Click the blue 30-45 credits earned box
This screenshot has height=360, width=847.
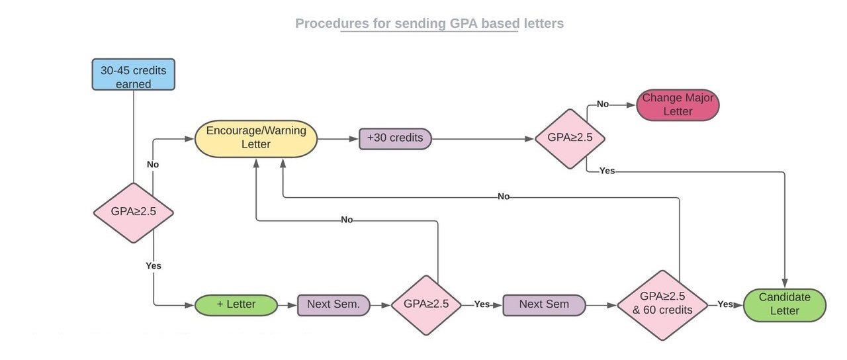133,75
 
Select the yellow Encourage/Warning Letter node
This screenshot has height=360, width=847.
256,138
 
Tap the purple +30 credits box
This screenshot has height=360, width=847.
395,139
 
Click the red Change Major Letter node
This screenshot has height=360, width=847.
678,105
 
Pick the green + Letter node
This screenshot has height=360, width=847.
236,305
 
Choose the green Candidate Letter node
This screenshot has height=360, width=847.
785,305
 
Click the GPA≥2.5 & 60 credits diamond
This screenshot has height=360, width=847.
662,304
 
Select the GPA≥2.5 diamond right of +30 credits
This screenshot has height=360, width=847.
570,139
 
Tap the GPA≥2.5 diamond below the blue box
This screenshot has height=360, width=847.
133,212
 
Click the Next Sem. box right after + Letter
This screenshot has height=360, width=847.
334,305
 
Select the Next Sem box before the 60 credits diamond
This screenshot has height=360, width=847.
544,305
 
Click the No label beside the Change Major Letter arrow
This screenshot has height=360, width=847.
603,105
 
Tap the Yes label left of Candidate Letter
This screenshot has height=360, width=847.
725,304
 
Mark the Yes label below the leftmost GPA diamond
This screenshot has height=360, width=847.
154,265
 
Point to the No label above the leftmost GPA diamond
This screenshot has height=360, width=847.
153,164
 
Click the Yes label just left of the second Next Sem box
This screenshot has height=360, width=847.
482,304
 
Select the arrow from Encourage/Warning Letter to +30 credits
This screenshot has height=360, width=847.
337,139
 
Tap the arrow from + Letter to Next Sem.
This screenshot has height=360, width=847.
287,305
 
